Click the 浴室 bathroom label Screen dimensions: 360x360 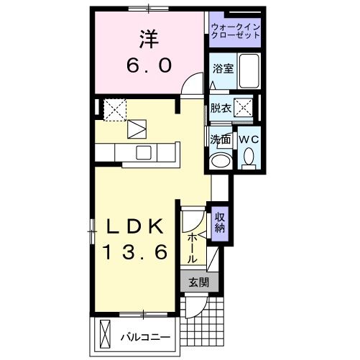[x=223, y=70]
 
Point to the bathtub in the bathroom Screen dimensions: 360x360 [x=249, y=71]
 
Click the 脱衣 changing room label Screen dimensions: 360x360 [x=221, y=109]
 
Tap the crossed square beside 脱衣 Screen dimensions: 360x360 [x=245, y=109]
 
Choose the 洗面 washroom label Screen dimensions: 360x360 [x=220, y=139]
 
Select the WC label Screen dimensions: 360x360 [x=248, y=139]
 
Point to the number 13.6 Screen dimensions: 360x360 [x=134, y=252]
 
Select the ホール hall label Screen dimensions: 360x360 [x=193, y=248]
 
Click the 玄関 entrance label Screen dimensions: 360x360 [x=198, y=282]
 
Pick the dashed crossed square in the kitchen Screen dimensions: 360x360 [x=115, y=109]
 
